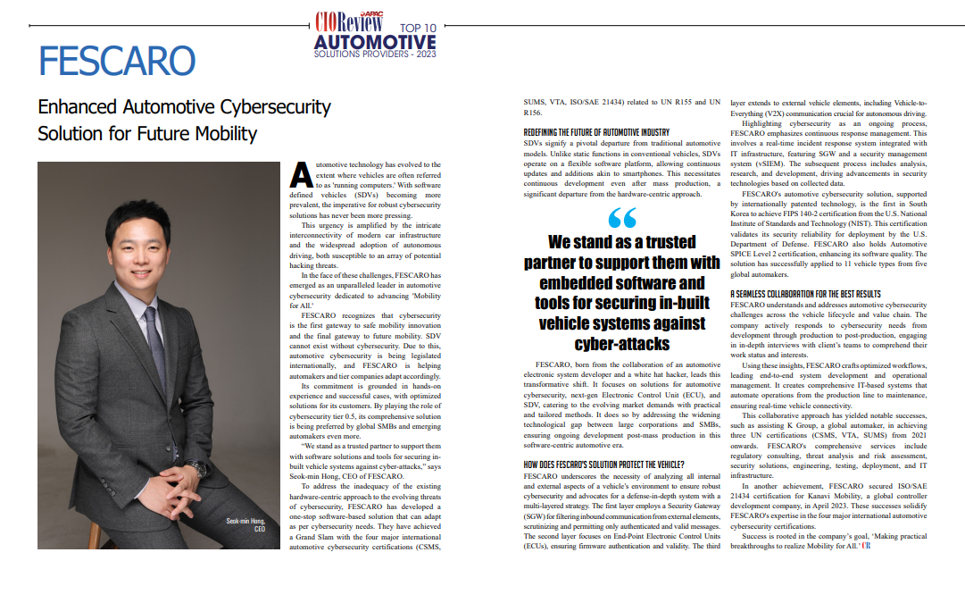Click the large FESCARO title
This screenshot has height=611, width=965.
coord(117,61)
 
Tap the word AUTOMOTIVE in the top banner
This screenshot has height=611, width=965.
coord(375,42)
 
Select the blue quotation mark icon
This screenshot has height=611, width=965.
coord(621,217)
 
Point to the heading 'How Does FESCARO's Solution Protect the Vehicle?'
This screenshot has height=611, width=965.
coord(603,465)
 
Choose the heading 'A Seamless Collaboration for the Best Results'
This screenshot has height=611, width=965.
coord(805,294)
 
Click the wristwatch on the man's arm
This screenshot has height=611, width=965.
coord(197,468)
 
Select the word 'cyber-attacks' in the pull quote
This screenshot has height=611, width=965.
coord(621,344)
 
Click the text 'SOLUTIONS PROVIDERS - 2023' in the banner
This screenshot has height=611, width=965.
coord(375,54)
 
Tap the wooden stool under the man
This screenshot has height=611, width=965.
coord(96,534)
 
